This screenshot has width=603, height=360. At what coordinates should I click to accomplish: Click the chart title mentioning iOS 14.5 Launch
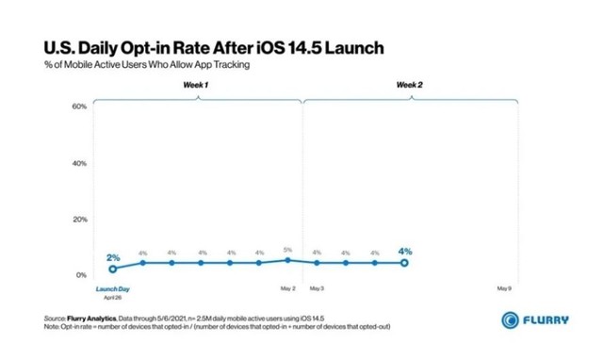pyautogui.click(x=213, y=46)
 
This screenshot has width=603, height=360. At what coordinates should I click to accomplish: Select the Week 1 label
pyautogui.click(x=196, y=86)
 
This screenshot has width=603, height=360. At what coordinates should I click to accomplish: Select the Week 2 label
pyautogui.click(x=409, y=86)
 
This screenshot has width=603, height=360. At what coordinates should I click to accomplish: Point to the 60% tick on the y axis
pyautogui.click(x=79, y=106)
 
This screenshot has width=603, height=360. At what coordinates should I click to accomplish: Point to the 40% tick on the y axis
pyautogui.click(x=79, y=163)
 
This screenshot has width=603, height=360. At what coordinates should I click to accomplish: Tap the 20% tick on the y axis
pyautogui.click(x=79, y=219)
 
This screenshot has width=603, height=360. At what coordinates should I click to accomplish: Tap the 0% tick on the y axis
pyautogui.click(x=81, y=274)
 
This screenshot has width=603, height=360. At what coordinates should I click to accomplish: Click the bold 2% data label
pyautogui.click(x=113, y=257)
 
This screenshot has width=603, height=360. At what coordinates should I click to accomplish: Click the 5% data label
pyautogui.click(x=287, y=251)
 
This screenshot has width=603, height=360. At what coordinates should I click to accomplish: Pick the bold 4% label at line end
pyautogui.click(x=405, y=252)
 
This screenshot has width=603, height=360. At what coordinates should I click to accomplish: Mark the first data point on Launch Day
pyautogui.click(x=113, y=270)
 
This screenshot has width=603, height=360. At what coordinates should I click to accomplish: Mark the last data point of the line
pyautogui.click(x=404, y=263)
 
